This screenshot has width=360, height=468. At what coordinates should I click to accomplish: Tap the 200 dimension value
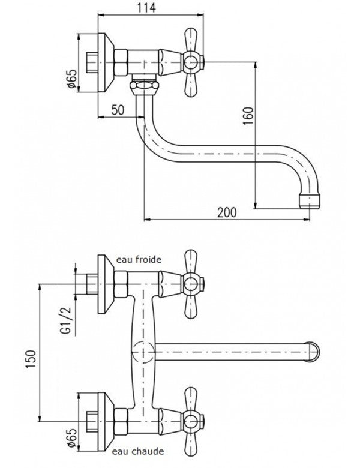[x=228, y=212]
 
